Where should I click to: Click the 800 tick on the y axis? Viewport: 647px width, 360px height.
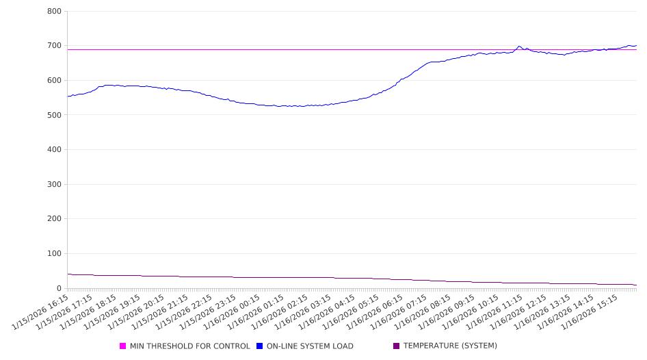(55, 12)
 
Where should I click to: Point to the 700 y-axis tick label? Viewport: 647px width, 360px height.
(55, 46)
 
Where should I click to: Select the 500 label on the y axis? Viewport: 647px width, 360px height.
(55, 115)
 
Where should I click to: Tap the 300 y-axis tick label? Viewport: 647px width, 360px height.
(55, 185)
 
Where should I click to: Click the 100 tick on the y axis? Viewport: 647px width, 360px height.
(55, 254)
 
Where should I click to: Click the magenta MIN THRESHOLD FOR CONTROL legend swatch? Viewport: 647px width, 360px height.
(123, 346)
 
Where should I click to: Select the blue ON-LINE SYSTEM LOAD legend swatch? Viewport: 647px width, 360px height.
(260, 346)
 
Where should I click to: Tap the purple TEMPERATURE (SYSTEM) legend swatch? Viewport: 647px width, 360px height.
(397, 346)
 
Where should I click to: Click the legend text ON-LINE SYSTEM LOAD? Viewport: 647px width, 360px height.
(310, 346)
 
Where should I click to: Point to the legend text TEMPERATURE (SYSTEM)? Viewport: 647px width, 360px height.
(450, 346)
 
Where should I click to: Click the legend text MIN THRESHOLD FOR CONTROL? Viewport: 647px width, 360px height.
(190, 346)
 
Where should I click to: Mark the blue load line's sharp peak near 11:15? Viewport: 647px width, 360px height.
(519, 46)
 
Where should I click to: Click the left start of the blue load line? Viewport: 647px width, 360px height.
(68, 97)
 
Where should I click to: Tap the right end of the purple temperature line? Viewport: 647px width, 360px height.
(636, 285)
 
